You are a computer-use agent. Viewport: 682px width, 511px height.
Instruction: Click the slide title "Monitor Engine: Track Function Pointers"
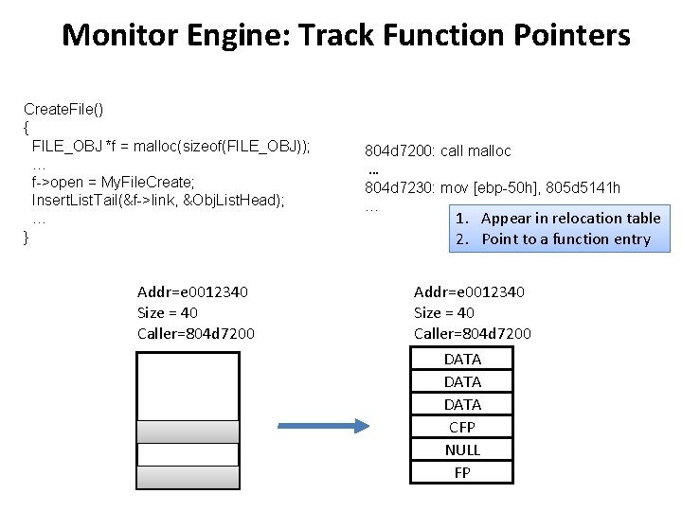coord(345,36)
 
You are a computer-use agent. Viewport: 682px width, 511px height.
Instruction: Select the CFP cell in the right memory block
coord(462,427)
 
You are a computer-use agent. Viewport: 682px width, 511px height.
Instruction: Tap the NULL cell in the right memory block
coord(462,449)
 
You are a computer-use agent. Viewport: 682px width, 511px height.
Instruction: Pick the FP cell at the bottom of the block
coord(462,472)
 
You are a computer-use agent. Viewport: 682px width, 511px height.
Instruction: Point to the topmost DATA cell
coord(462,359)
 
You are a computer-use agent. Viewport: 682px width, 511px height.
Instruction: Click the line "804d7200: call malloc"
coord(438,150)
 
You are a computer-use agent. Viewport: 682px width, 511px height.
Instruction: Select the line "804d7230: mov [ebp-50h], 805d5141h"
coord(493,187)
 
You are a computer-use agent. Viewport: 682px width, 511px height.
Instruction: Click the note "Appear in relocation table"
coord(570,219)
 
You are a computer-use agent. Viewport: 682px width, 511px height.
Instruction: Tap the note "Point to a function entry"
coord(565,238)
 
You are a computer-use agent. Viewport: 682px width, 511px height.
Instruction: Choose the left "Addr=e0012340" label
coord(192,292)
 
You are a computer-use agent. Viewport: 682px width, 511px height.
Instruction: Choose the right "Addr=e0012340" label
coord(469,292)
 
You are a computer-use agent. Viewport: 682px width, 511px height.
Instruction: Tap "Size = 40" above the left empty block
coord(168,312)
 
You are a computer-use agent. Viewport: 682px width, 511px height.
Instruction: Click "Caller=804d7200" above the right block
coord(472,333)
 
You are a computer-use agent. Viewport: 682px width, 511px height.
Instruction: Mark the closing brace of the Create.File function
coord(27,238)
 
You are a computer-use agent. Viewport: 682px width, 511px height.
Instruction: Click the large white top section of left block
coord(188,385)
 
